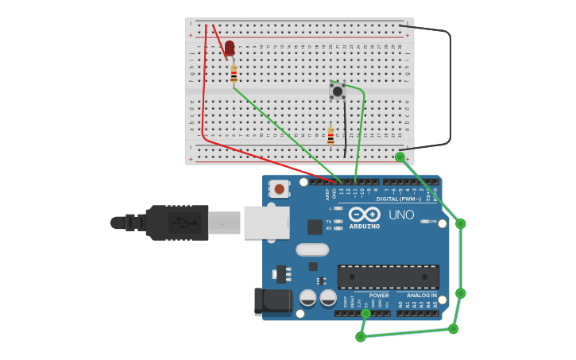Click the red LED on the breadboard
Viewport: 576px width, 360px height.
click(x=230, y=48)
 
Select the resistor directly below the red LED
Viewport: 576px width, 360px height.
click(x=234, y=74)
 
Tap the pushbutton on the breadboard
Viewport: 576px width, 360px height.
click(x=338, y=91)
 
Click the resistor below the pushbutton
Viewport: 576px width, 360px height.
click(x=331, y=137)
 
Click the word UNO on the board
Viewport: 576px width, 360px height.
click(x=401, y=215)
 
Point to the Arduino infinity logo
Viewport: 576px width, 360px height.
click(x=364, y=214)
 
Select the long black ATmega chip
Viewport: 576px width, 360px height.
click(x=388, y=277)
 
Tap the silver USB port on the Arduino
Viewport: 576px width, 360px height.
click(x=266, y=223)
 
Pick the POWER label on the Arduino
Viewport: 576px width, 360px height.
click(x=379, y=296)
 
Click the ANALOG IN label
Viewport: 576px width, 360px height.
click(x=416, y=296)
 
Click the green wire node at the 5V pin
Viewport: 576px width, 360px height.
click(x=365, y=313)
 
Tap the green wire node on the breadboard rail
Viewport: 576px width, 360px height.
click(x=400, y=157)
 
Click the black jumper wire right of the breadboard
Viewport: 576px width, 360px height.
click(x=450, y=87)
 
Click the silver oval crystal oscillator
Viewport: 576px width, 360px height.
click(x=312, y=250)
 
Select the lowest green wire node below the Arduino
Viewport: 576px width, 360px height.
click(x=361, y=337)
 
